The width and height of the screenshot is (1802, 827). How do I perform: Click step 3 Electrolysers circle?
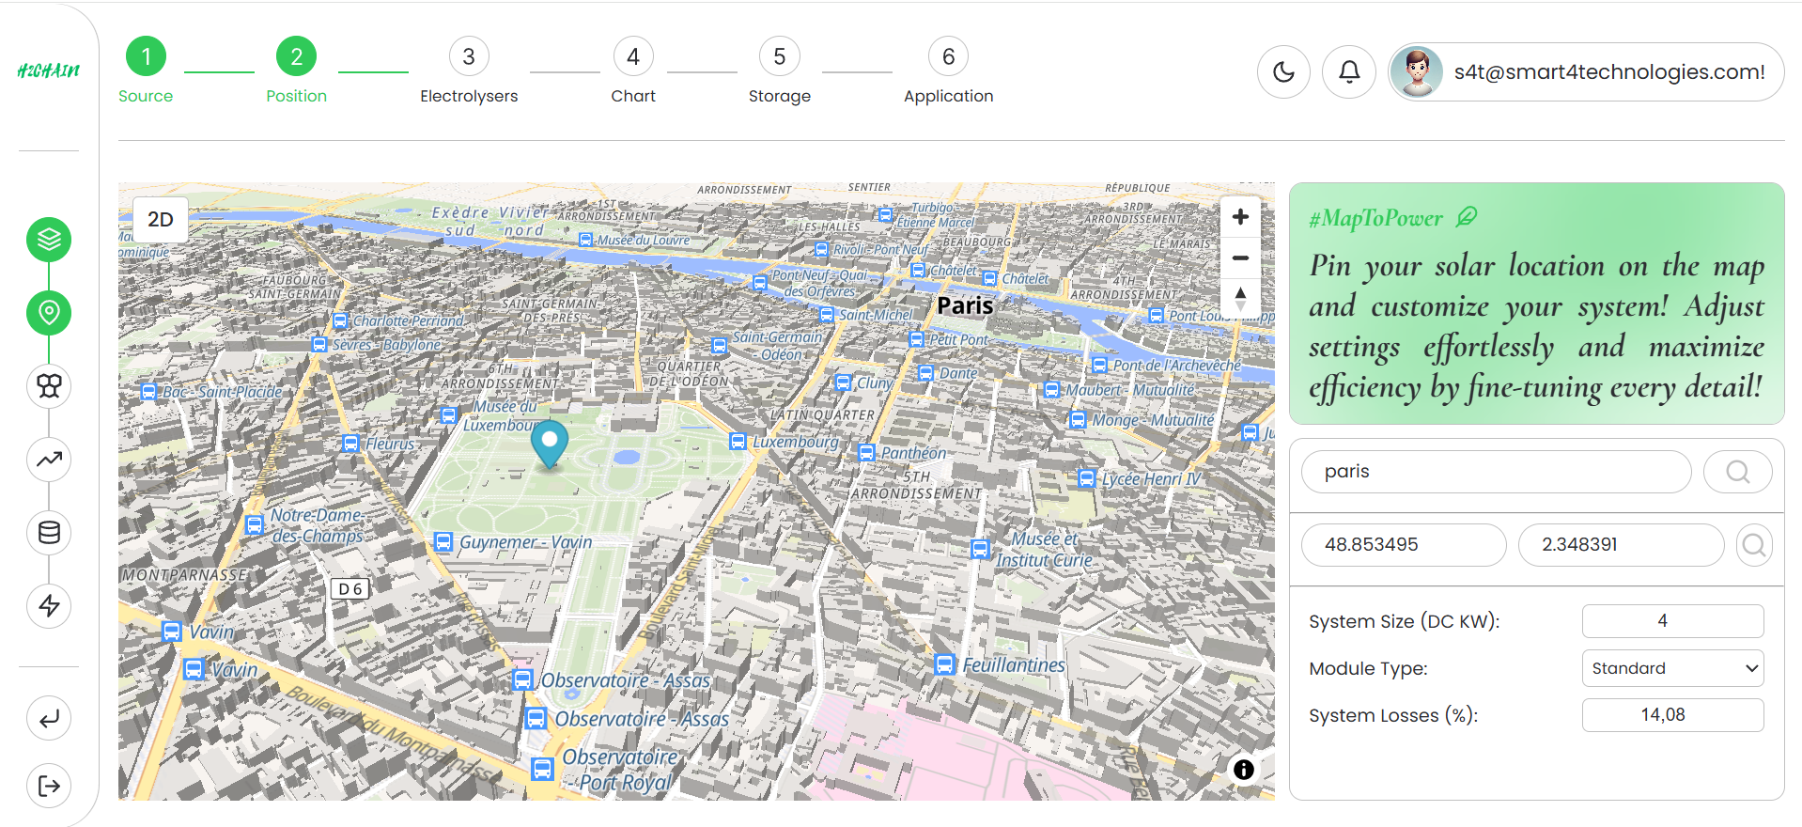(469, 57)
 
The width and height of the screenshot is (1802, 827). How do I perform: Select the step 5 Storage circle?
(779, 57)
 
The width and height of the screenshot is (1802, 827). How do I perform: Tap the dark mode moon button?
(1283, 71)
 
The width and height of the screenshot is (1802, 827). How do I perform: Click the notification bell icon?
(1349, 71)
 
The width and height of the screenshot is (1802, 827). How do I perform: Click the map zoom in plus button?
(1240, 217)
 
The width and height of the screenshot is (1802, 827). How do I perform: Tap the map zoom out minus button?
(1240, 258)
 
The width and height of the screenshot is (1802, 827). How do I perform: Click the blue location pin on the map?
(550, 442)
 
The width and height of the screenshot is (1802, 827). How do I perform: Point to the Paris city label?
(965, 305)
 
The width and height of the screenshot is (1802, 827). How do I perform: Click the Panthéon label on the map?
(913, 453)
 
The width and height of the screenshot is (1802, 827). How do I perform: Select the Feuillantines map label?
(1013, 665)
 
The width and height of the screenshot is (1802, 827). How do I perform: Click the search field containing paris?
(1496, 472)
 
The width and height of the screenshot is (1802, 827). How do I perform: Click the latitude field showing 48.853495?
(1404, 545)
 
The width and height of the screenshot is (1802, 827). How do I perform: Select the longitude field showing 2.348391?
(1621, 545)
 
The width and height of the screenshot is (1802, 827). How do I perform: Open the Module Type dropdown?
(1672, 668)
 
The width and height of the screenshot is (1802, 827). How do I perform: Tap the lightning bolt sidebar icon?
(49, 605)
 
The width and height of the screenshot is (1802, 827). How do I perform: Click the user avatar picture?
(1417, 71)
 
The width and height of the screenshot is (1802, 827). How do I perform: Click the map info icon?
(1244, 770)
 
